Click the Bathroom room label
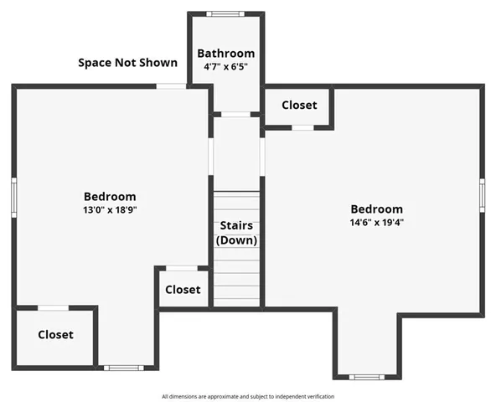226,54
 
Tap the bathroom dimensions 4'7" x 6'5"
226,67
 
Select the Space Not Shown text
128,62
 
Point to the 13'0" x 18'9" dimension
110,210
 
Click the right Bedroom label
376,209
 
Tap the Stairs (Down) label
237,233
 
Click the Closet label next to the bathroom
299,106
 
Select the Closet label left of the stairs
183,290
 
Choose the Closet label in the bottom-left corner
55,334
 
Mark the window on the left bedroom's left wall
14,198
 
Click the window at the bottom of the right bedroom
365,377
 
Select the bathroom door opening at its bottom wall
236,114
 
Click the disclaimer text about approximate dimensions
248,396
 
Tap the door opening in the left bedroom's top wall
171,85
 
